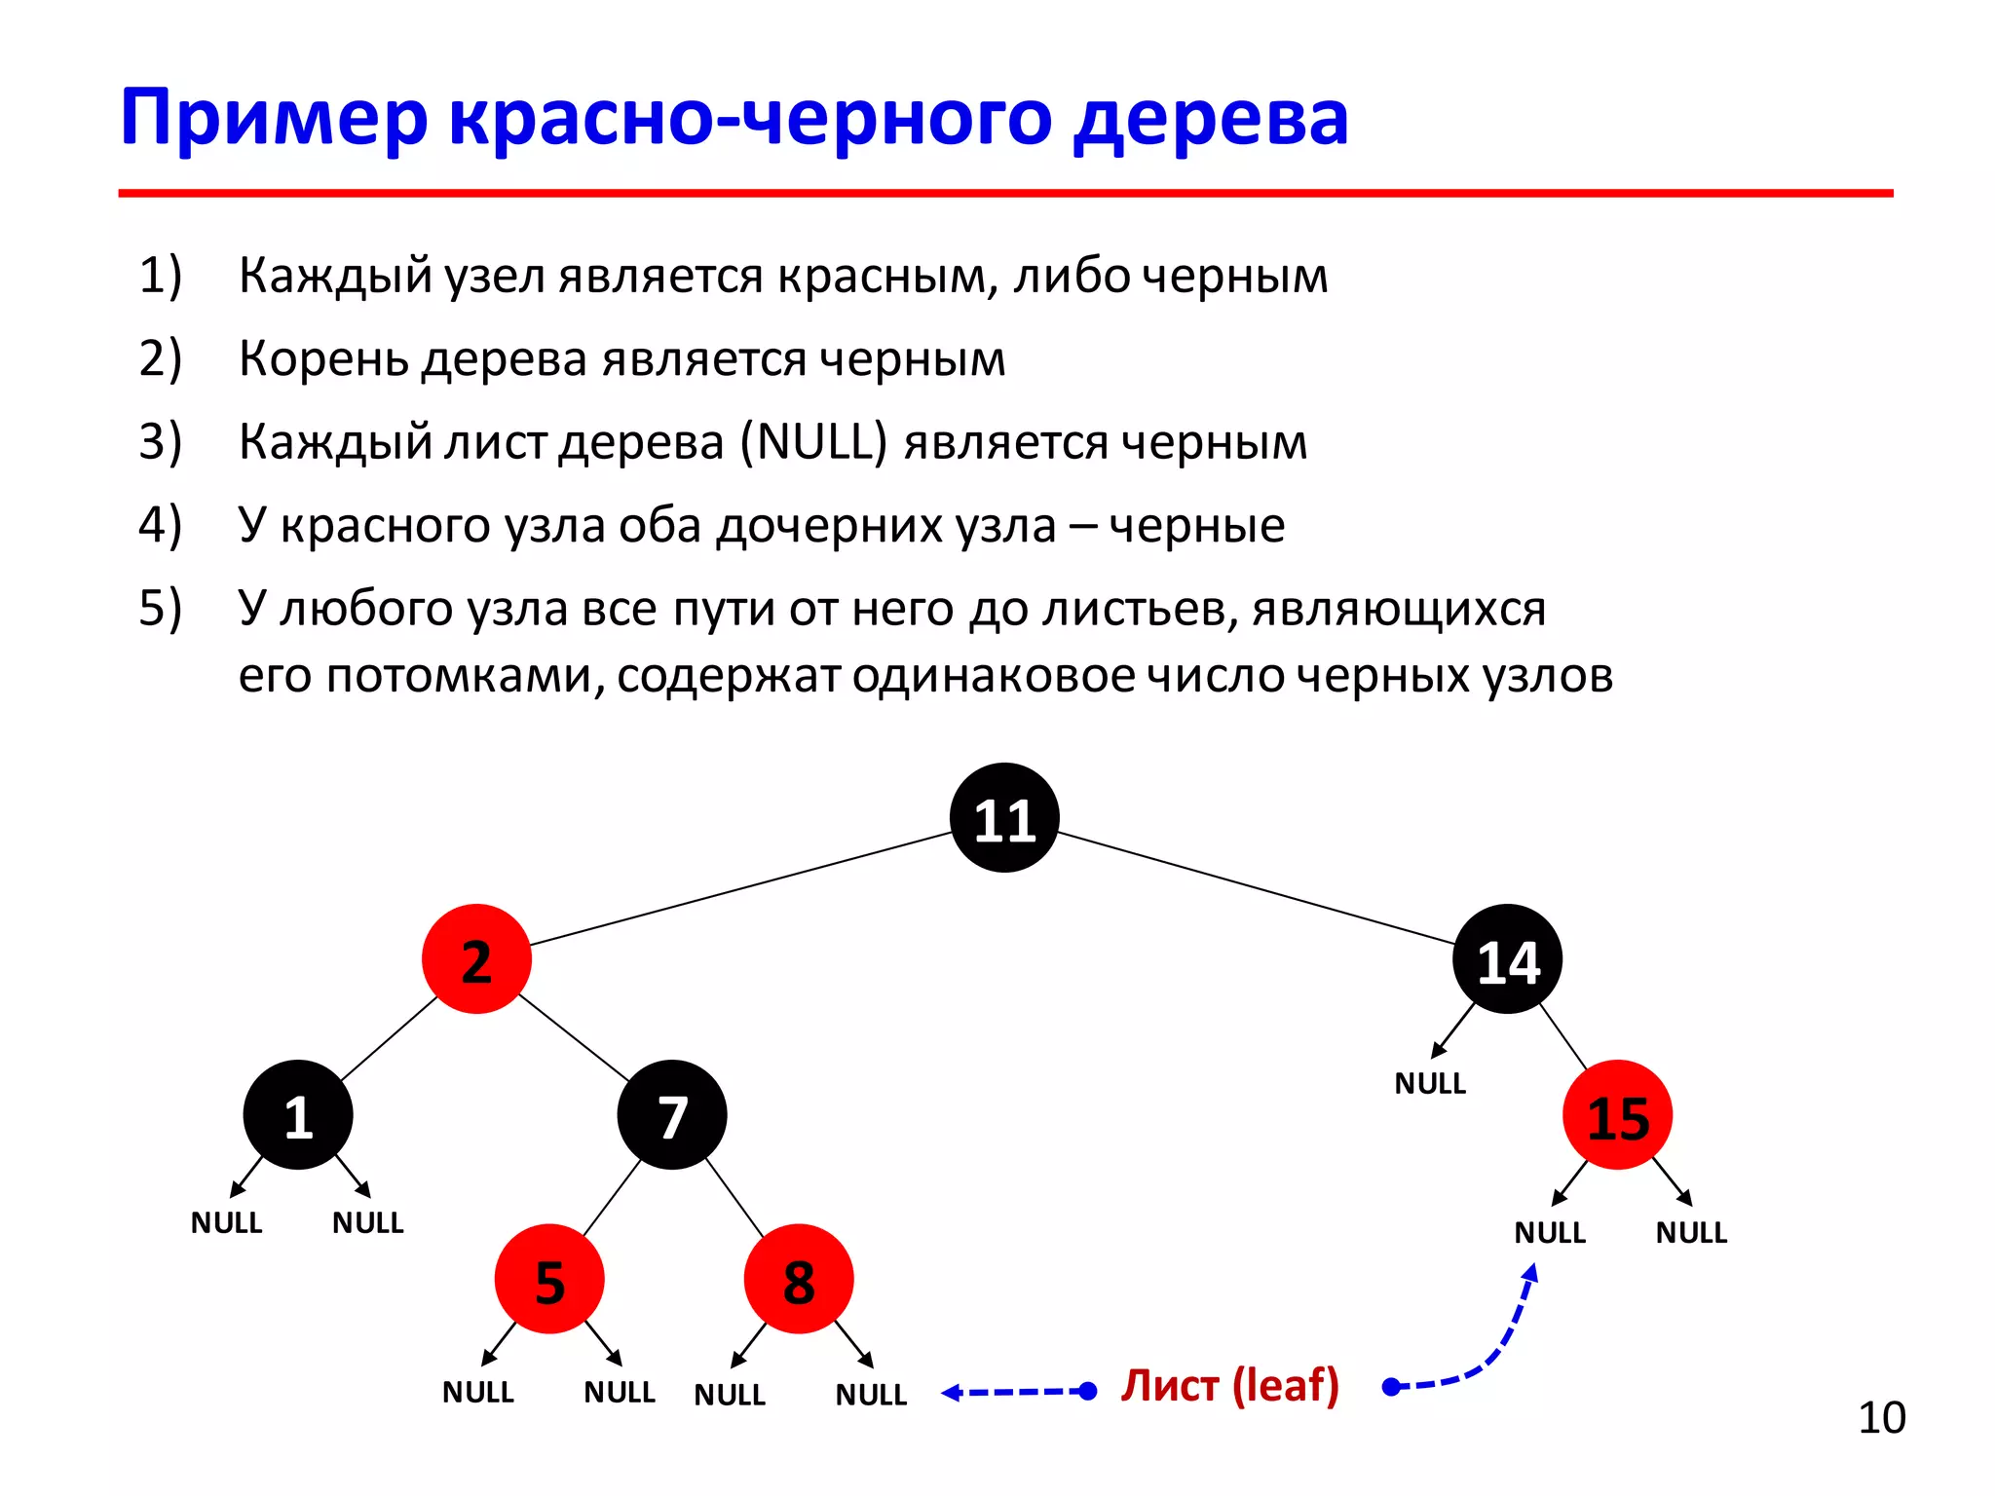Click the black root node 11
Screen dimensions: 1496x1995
point(1004,818)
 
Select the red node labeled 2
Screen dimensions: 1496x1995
point(476,959)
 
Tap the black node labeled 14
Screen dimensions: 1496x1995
point(1507,959)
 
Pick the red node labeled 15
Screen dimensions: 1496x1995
point(1617,1116)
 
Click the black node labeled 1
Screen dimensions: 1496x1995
point(298,1116)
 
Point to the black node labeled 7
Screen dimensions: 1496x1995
point(672,1116)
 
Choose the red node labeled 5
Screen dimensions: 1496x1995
point(549,1280)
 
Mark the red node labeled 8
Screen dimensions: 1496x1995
point(799,1280)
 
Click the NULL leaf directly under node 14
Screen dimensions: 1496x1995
point(1430,1083)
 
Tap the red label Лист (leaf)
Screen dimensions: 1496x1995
point(1230,1386)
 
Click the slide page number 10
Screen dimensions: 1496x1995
point(1881,1418)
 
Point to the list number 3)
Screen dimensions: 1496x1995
point(161,441)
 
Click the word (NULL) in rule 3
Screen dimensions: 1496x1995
point(813,441)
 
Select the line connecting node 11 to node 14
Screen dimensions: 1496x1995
point(1257,888)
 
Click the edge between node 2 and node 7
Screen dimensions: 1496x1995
point(575,1037)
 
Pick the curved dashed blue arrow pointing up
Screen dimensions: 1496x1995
point(1490,1349)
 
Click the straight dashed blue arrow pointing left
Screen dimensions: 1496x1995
point(1018,1392)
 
